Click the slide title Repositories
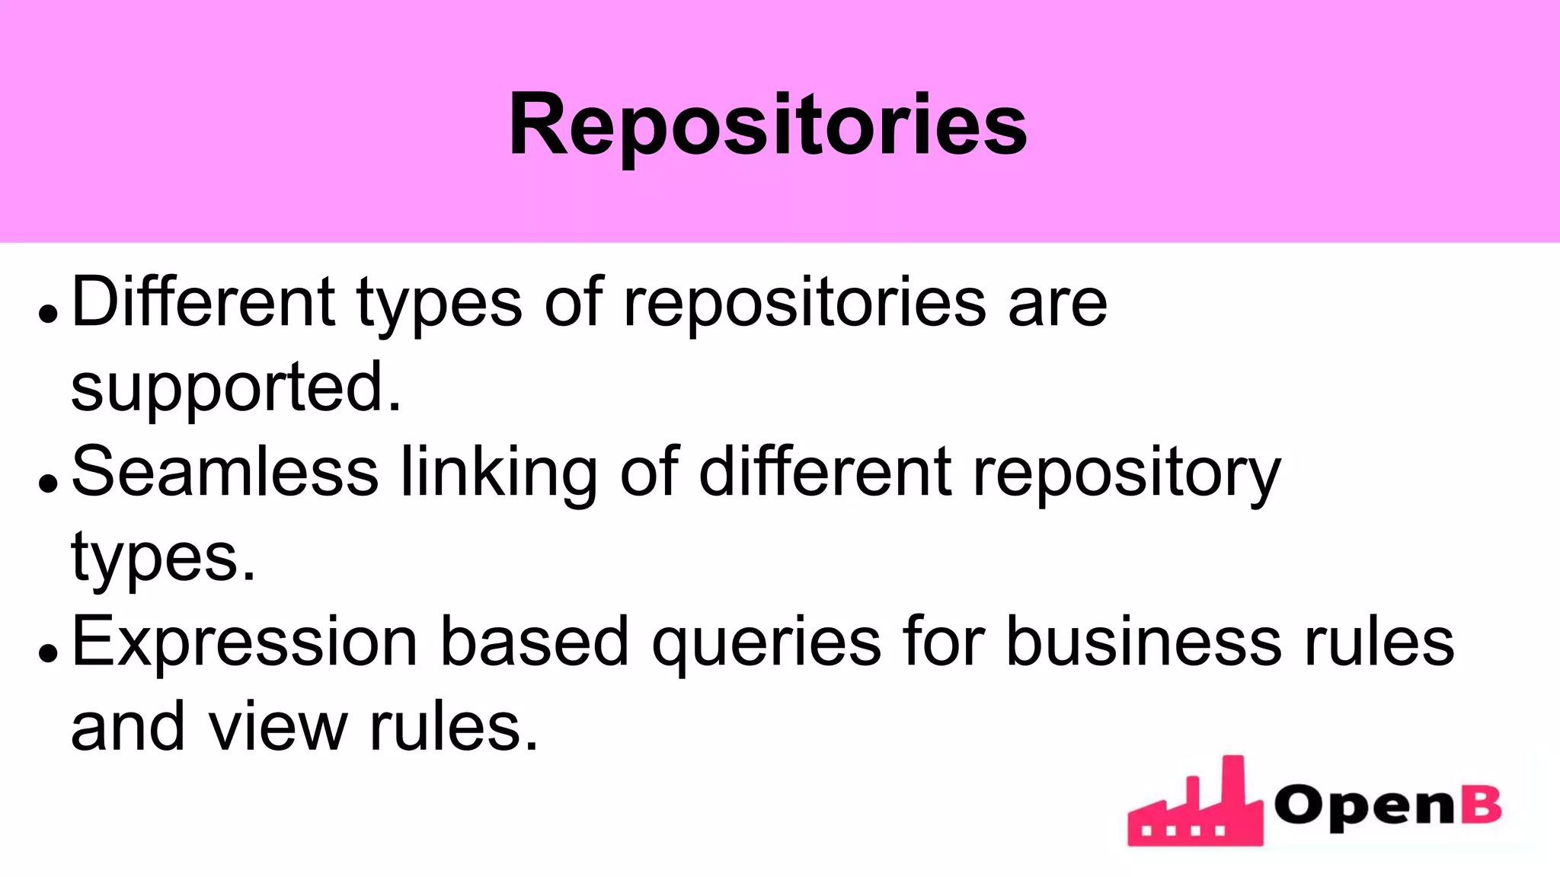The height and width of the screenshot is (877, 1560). [768, 125]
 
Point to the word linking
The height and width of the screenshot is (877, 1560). [500, 474]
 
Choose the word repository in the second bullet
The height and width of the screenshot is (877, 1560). [1127, 474]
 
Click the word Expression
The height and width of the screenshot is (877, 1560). [245, 643]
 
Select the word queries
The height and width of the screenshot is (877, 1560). [766, 644]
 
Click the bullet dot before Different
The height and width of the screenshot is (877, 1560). [48, 314]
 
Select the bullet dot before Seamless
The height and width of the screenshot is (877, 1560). [48, 483]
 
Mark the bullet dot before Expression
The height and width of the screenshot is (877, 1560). [48, 653]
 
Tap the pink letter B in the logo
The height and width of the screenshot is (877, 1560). [1482, 805]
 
